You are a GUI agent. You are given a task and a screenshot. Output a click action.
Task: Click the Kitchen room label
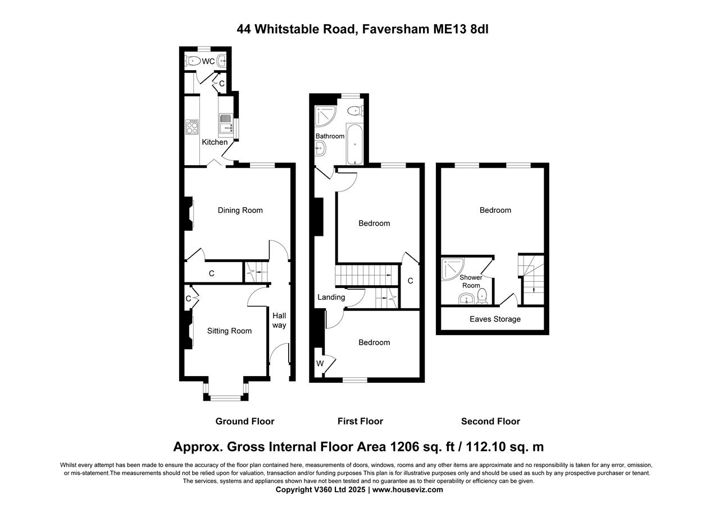tap(215, 142)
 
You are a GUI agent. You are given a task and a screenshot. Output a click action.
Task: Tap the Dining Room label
tap(240, 210)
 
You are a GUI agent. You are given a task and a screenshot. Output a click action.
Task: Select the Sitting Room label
tap(229, 331)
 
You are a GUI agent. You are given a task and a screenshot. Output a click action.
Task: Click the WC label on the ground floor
tap(208, 61)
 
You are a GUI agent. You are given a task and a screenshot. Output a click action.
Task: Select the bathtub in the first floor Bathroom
tap(354, 144)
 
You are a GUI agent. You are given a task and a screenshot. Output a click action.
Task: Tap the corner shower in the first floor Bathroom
tap(324, 115)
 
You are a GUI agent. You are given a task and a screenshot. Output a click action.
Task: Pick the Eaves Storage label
tap(495, 319)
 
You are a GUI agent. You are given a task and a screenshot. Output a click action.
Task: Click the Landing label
tap(331, 297)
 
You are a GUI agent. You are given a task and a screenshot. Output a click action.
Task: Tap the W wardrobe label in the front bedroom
tap(320, 363)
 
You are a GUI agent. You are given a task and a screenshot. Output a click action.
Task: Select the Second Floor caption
tap(490, 421)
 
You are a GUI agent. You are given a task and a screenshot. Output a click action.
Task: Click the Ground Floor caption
tap(245, 421)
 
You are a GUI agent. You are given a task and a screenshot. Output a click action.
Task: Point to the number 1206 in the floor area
tap(404, 447)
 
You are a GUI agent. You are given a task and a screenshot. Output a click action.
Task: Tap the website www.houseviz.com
tap(407, 489)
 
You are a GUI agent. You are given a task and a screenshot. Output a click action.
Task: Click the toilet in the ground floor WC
tap(193, 61)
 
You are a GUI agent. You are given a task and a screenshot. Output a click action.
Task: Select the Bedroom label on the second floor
tap(495, 210)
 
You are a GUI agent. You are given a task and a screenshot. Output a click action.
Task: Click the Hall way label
tap(279, 321)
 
